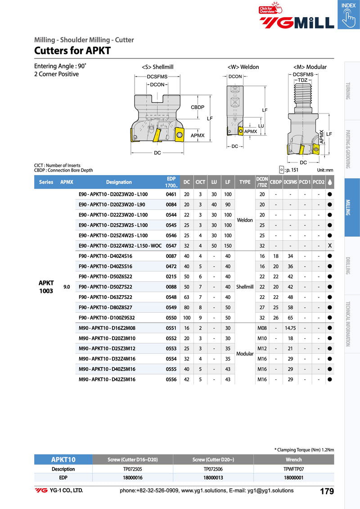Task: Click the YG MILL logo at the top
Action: pos(297,22)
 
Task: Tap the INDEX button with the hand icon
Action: pos(348,14)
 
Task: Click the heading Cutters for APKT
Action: pos(72,50)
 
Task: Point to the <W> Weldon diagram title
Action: pos(243,67)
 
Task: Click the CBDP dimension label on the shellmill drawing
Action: pos(198,108)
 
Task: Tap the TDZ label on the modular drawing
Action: pos(303,80)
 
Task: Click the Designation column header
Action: pos(119,182)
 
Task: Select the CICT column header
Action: pos(200,182)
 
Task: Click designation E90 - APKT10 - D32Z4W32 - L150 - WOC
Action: pos(120,246)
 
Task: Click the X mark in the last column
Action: pos(330,246)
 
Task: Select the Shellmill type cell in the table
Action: pos(245,287)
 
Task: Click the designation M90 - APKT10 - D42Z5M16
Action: pos(107,379)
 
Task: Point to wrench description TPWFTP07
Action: pos(294,469)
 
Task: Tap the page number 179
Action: pos(327,491)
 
